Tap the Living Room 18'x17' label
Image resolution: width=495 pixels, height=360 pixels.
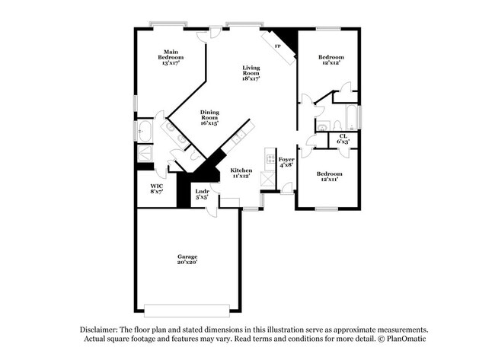(251, 73)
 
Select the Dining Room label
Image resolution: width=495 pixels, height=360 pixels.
(209, 118)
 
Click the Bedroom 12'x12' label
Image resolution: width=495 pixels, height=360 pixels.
(331, 60)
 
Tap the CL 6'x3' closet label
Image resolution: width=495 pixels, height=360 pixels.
(343, 139)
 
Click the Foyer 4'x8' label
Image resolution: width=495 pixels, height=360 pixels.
(286, 162)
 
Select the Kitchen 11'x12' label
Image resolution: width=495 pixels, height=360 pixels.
(241, 173)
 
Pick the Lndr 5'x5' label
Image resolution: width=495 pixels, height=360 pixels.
(202, 194)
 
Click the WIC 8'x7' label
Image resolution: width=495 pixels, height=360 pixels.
(156, 189)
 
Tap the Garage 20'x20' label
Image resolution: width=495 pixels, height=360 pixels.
(187, 260)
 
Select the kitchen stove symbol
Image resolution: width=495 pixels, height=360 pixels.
(269, 158)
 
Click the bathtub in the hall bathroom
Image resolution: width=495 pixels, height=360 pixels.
(350, 119)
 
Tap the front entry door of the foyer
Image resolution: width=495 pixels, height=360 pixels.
(286, 188)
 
